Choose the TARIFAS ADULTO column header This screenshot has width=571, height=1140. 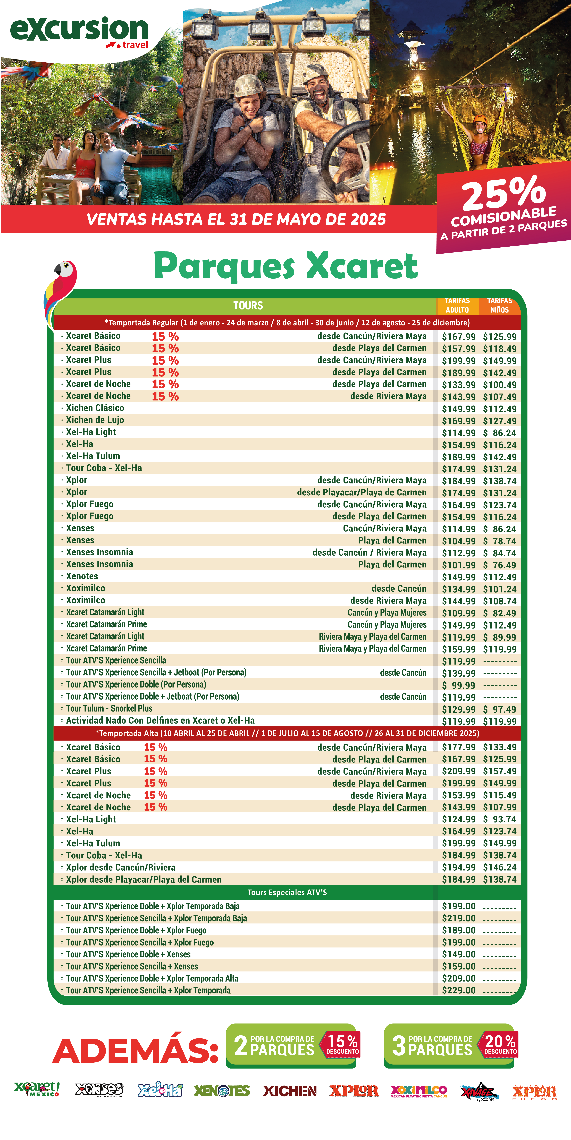point(457,305)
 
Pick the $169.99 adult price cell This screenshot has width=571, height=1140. point(459,421)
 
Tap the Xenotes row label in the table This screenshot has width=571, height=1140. point(82,576)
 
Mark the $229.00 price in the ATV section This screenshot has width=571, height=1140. point(459,990)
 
